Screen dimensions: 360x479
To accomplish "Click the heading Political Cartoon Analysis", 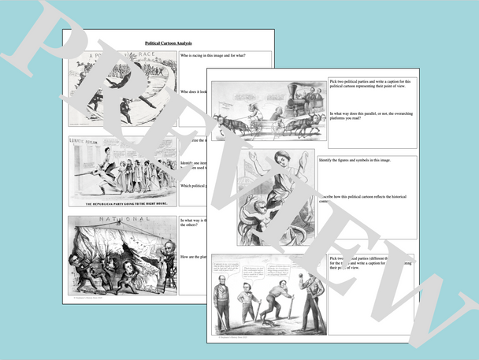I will pyautogui.click(x=169, y=43).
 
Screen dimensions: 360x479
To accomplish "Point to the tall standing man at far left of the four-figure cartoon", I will pyautogui.click(x=221, y=304).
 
